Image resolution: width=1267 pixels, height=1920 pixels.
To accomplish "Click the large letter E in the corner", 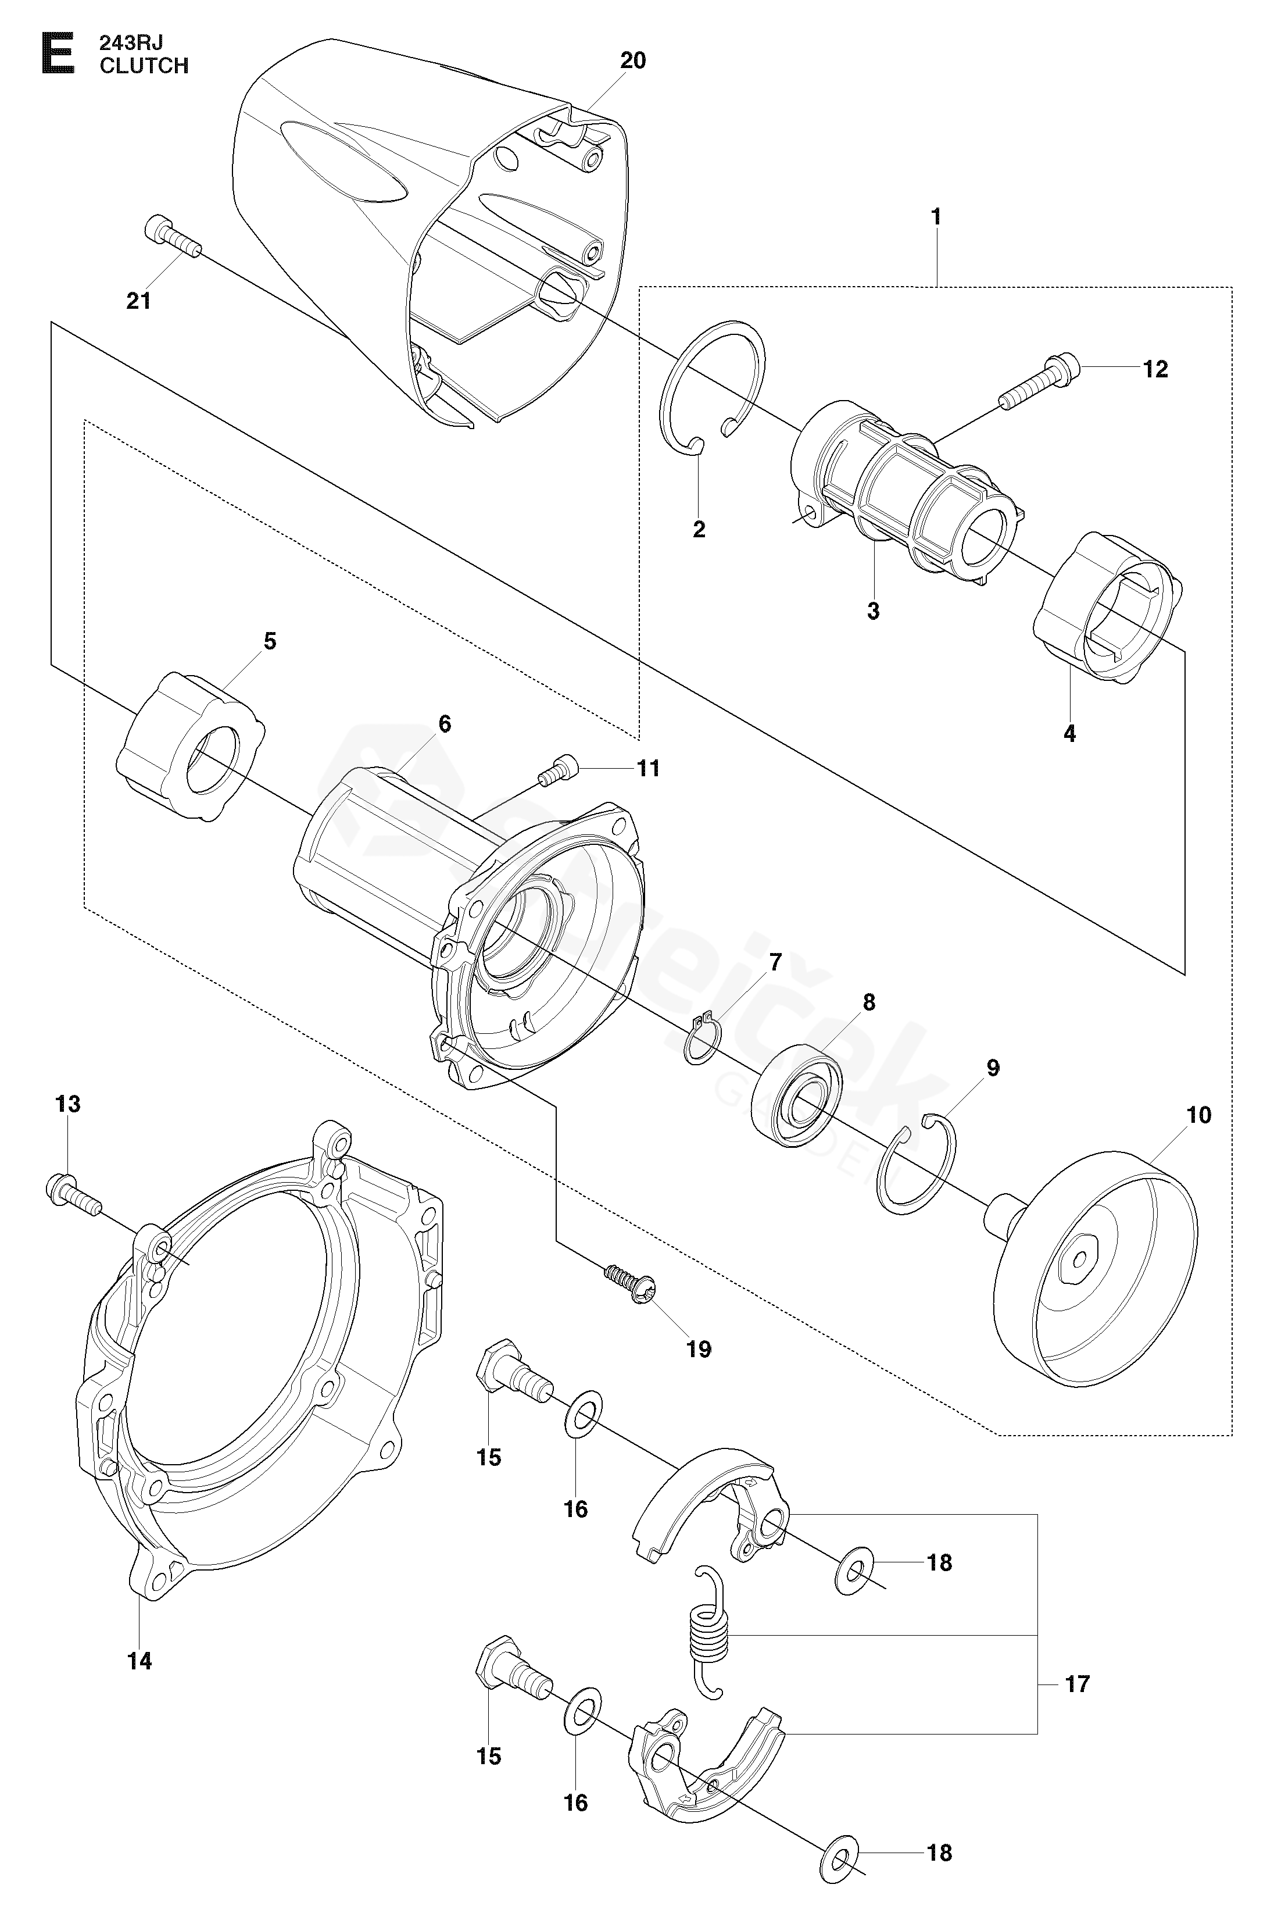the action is coord(58,54).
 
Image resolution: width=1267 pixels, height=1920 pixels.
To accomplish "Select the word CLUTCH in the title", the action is coord(144,66).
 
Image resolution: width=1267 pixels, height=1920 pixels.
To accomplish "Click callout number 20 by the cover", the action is coord(633,60).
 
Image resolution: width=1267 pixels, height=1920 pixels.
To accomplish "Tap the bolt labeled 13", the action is coord(74,1197).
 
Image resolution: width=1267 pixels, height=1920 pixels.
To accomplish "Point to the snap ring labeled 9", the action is coord(918,1162).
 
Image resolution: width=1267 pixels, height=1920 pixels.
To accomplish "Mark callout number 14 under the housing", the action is coord(140,1661).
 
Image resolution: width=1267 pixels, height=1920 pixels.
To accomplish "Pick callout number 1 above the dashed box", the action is coord(936,217).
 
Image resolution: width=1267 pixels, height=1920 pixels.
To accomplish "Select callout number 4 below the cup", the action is coord(1070,733).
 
